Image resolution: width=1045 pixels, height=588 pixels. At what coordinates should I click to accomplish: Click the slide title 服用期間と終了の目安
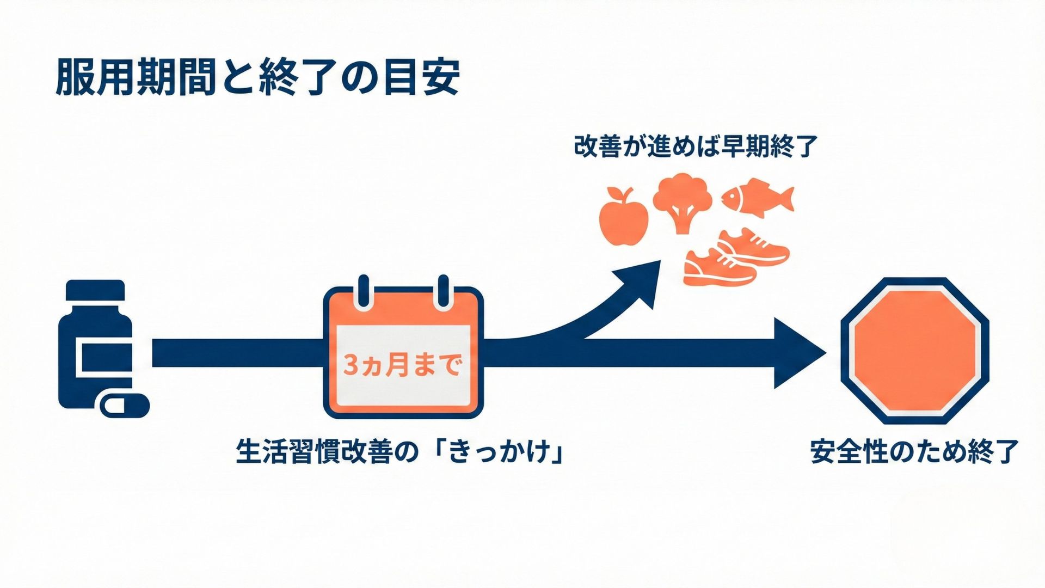pos(257,77)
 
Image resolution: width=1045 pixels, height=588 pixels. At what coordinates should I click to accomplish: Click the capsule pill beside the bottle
pos(125,405)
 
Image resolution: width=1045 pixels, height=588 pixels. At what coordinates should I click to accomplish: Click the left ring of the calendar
pos(363,292)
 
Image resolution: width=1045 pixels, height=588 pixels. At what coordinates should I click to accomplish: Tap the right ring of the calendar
pos(443,292)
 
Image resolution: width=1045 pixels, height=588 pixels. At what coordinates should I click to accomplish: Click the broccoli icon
pos(682,201)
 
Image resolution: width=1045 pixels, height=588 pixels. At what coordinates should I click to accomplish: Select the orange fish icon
pos(758,197)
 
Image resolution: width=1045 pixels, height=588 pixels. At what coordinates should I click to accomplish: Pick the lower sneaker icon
pos(718,268)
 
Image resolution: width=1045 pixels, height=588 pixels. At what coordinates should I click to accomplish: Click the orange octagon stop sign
pos(914,351)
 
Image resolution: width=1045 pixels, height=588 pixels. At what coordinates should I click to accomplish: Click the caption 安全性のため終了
pos(914,451)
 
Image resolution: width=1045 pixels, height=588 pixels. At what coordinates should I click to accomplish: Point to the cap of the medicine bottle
pos(95,290)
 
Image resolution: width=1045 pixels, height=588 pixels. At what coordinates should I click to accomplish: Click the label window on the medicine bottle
pos(107,357)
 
